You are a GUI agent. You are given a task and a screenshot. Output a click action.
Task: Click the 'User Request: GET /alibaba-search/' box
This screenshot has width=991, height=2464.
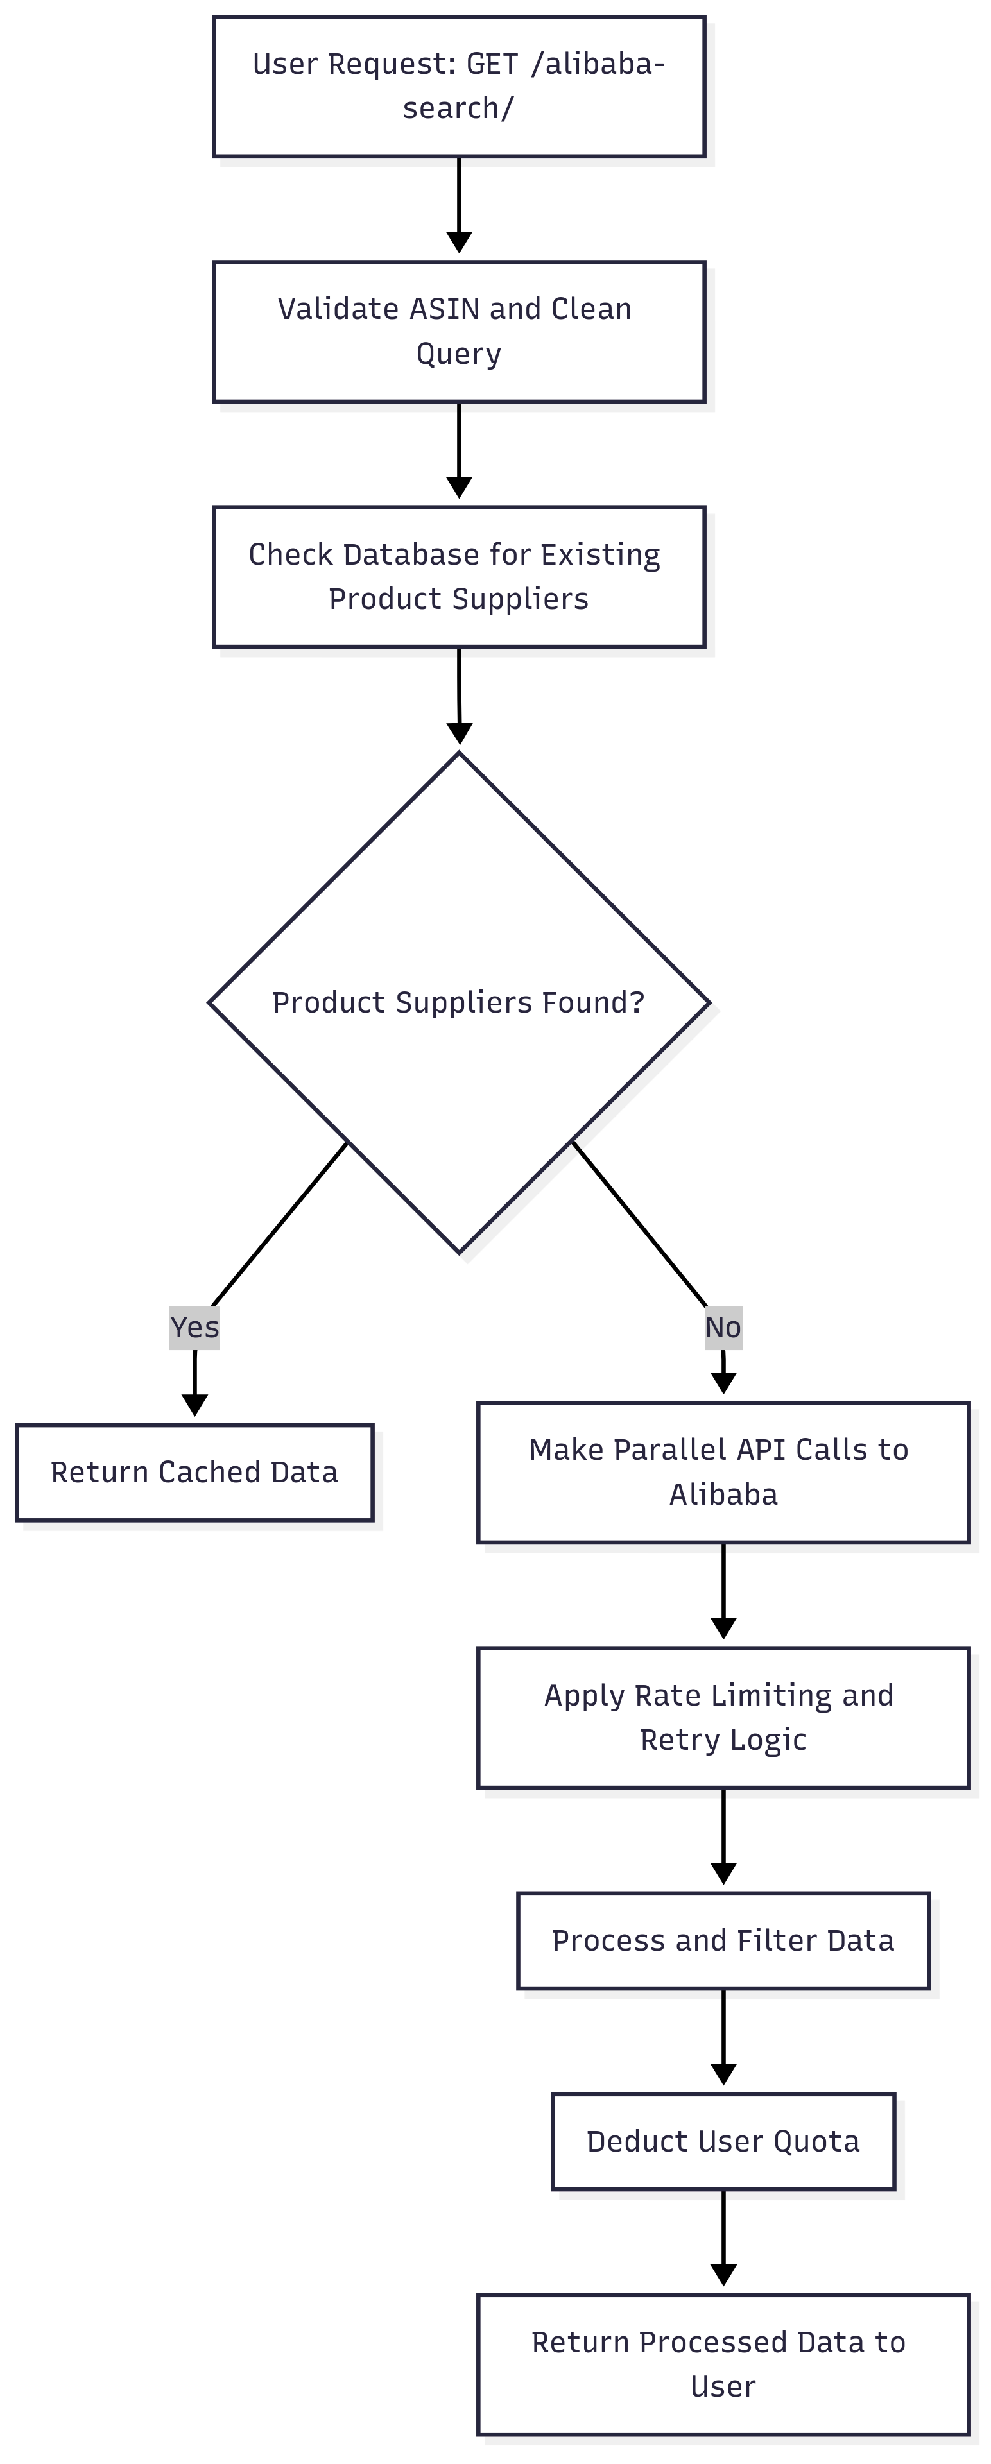pyautogui.click(x=459, y=86)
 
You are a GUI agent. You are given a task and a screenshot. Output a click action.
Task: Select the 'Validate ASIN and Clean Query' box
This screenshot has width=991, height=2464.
pyautogui.click(x=459, y=331)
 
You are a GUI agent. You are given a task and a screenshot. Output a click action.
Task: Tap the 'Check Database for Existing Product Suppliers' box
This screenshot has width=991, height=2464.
pyautogui.click(x=459, y=577)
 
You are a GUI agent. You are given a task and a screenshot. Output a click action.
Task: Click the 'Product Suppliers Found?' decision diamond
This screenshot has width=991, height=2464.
pyautogui.click(x=459, y=1002)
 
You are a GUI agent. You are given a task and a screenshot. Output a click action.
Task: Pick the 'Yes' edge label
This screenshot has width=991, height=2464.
pyautogui.click(x=194, y=1327)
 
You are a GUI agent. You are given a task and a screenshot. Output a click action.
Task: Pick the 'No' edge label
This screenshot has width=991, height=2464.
pyautogui.click(x=723, y=1327)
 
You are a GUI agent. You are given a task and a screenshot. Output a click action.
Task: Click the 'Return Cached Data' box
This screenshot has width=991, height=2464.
pyautogui.click(x=194, y=1472)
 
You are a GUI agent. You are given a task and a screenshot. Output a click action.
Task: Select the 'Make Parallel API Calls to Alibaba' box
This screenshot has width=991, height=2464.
pyautogui.click(x=723, y=1472)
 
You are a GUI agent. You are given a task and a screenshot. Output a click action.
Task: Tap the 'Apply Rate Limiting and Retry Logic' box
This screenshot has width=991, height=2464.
pyautogui.click(x=723, y=1717)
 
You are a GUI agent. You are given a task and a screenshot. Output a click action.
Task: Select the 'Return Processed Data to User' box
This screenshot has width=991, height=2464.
pyautogui.click(x=723, y=2363)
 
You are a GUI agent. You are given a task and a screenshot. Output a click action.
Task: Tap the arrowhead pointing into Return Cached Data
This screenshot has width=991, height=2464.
pyautogui.click(x=194, y=1404)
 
